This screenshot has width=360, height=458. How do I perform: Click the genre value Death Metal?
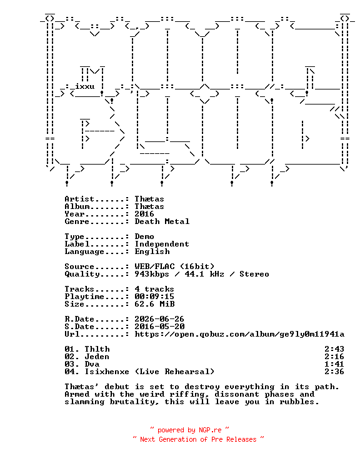click(x=162, y=221)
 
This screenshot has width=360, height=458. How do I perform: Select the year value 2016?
click(x=144, y=214)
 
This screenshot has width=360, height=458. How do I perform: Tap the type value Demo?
click(x=144, y=237)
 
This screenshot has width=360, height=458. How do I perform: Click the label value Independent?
click(x=162, y=244)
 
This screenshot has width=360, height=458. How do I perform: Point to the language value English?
click(x=152, y=252)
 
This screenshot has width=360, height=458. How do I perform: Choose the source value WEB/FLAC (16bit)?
click(x=174, y=267)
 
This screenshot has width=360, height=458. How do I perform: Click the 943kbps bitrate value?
click(x=152, y=274)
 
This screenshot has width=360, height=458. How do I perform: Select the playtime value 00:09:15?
click(x=154, y=297)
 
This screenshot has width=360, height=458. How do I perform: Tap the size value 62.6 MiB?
click(x=154, y=304)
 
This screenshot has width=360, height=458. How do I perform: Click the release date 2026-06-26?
click(x=159, y=319)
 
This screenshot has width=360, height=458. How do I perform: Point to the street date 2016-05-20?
click(x=159, y=327)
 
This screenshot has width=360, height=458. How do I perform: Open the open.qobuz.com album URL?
click(x=239, y=335)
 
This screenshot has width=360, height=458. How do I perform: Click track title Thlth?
click(x=97, y=349)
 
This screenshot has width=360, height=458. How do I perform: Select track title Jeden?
click(x=97, y=357)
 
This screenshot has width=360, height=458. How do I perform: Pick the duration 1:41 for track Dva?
click(x=334, y=365)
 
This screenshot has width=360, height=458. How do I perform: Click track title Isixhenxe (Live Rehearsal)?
click(x=149, y=372)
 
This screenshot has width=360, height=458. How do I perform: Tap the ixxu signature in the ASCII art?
click(x=84, y=86)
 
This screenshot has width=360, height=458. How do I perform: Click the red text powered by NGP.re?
click(x=189, y=430)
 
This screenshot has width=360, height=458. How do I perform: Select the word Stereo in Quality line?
click(x=254, y=274)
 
